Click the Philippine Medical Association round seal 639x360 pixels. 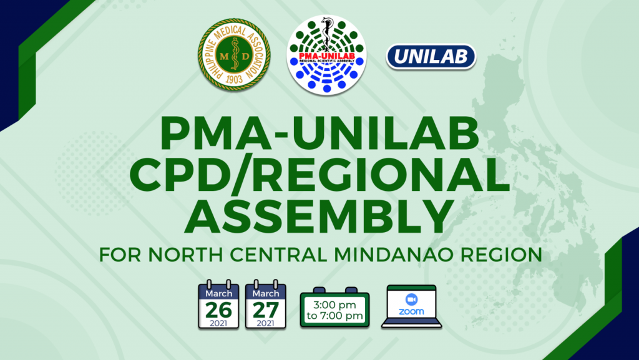point(234,54)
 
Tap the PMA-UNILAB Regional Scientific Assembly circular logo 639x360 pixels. point(326,55)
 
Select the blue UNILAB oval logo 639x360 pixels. point(431,57)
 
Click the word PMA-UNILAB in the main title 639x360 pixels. point(319,134)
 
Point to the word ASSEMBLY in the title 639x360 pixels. point(319,216)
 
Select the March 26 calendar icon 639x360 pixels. point(218,304)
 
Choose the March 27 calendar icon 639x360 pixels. point(266,304)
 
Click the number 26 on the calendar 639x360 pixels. point(218,310)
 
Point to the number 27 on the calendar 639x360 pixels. point(266,310)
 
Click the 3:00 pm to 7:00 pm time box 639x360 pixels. point(334,308)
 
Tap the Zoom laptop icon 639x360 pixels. point(412,306)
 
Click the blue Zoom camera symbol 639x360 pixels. point(412,299)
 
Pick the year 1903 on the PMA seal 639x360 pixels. point(234,79)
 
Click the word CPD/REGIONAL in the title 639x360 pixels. point(319,175)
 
